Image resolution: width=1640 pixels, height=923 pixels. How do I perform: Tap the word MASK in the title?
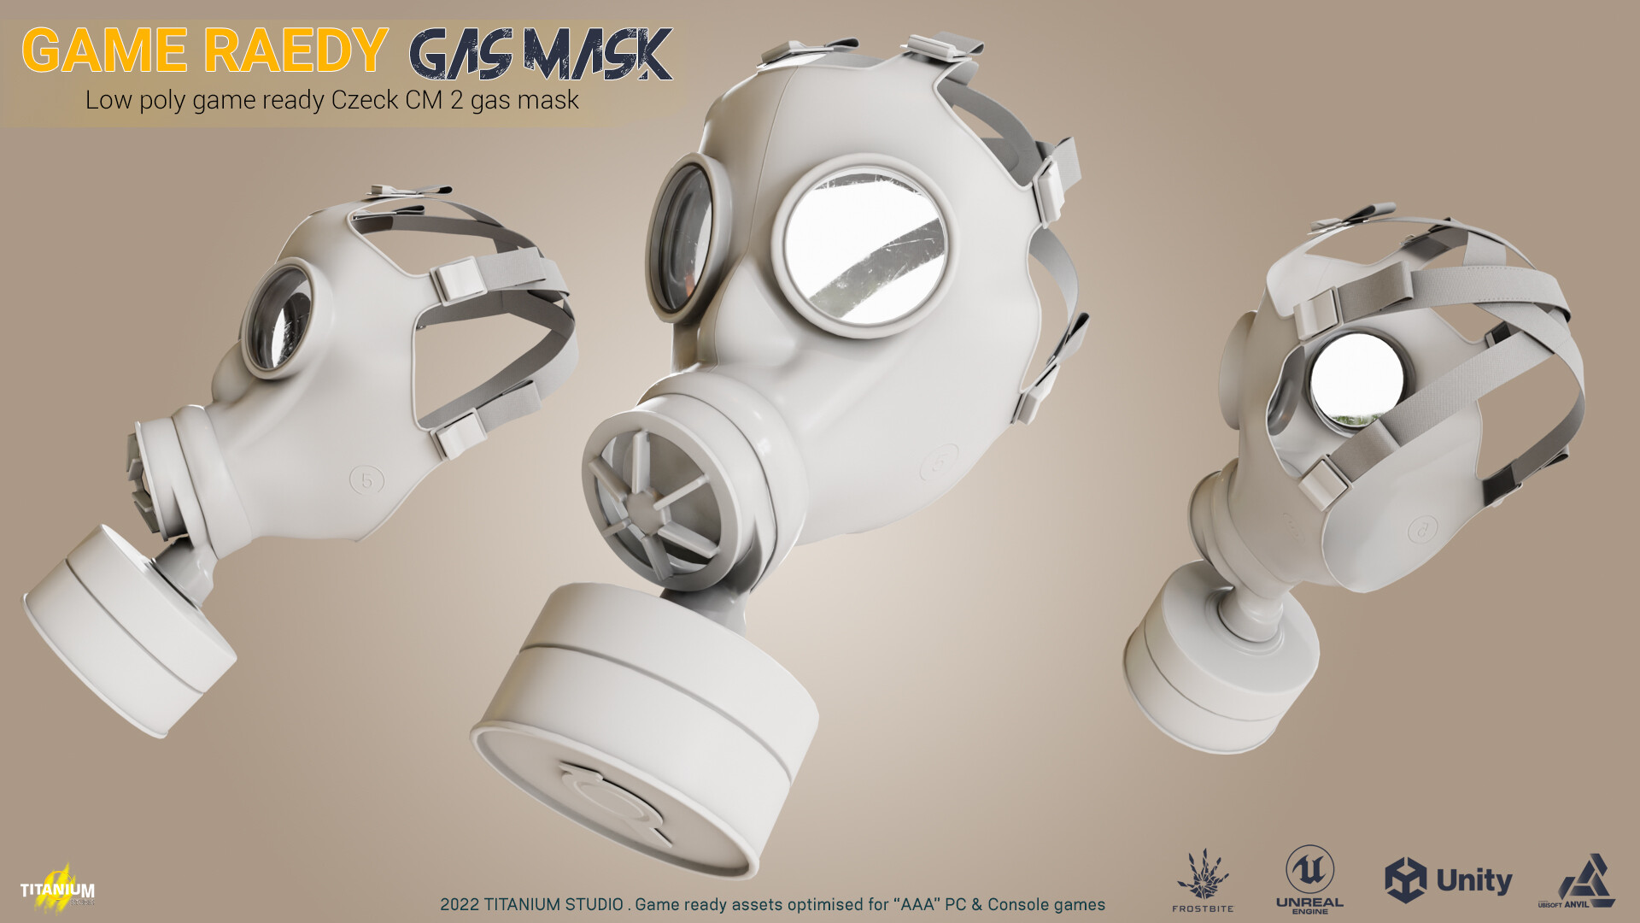[597, 55]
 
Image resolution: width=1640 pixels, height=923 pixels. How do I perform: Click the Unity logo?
[1448, 880]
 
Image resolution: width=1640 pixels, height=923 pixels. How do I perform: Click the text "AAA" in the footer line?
[918, 904]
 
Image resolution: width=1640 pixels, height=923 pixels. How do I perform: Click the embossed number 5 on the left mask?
[367, 480]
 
